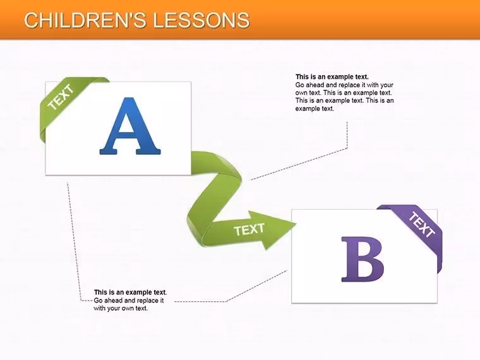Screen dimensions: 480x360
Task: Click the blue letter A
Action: (130, 126)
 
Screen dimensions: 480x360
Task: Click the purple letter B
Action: (363, 260)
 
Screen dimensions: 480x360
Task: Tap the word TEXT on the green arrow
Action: (249, 230)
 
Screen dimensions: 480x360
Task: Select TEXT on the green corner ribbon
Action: (61, 97)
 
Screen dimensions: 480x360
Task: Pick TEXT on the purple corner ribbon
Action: (422, 224)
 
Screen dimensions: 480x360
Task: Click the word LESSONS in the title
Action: (201, 20)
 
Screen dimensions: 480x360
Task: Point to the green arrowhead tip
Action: (296, 224)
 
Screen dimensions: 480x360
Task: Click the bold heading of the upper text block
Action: (332, 76)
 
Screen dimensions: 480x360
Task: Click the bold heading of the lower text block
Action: (130, 292)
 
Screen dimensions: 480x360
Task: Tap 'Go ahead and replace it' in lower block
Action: (129, 300)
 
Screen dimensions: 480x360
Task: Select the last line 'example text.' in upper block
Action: (315, 109)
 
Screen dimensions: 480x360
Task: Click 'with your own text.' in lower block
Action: (121, 308)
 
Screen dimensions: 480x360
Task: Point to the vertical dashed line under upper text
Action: (347, 135)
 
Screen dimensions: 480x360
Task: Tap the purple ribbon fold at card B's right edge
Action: (440, 257)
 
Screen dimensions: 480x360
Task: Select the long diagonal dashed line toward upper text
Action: (299, 164)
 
